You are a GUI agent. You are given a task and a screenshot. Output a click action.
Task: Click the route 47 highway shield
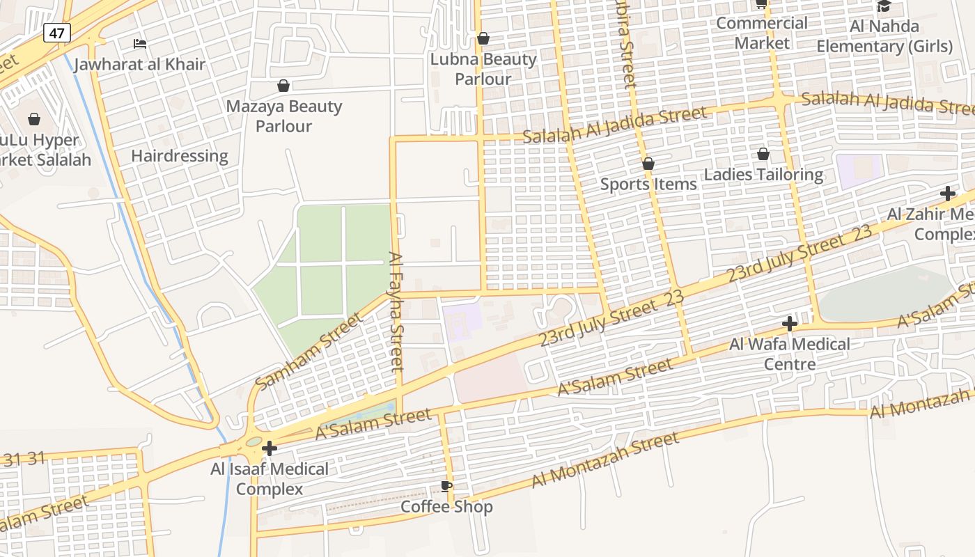[x=57, y=32]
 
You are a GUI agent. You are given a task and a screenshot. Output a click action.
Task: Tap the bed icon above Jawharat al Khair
[x=140, y=44]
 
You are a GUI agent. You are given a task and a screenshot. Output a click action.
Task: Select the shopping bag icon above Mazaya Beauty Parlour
[x=283, y=86]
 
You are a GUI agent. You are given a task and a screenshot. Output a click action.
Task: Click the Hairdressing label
[x=180, y=156]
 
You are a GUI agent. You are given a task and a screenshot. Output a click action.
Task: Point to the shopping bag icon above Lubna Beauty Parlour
[x=483, y=38]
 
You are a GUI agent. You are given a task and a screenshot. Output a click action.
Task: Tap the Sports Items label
[x=648, y=185]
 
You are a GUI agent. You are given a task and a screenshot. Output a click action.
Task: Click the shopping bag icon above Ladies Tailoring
[x=763, y=154]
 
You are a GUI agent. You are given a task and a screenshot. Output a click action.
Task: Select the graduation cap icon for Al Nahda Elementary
[x=884, y=6]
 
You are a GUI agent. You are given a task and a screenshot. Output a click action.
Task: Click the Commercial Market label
[x=762, y=33]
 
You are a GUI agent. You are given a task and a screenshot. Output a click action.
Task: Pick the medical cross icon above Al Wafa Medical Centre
[x=789, y=324]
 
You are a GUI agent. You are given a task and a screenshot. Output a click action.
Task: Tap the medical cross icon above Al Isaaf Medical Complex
[x=270, y=449]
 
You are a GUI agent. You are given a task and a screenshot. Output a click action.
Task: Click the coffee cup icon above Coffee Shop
[x=446, y=486]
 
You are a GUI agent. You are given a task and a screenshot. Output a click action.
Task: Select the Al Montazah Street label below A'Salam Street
[x=604, y=459]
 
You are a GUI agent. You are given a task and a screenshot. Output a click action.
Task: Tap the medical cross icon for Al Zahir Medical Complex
[x=947, y=194]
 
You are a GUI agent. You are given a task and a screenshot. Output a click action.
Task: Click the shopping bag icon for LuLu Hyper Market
[x=34, y=120]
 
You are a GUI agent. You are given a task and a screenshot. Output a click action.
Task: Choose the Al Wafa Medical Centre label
[x=790, y=354]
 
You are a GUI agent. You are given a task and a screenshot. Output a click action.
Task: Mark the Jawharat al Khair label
[x=140, y=65]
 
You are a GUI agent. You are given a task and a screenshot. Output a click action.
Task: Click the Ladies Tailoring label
[x=763, y=175]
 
